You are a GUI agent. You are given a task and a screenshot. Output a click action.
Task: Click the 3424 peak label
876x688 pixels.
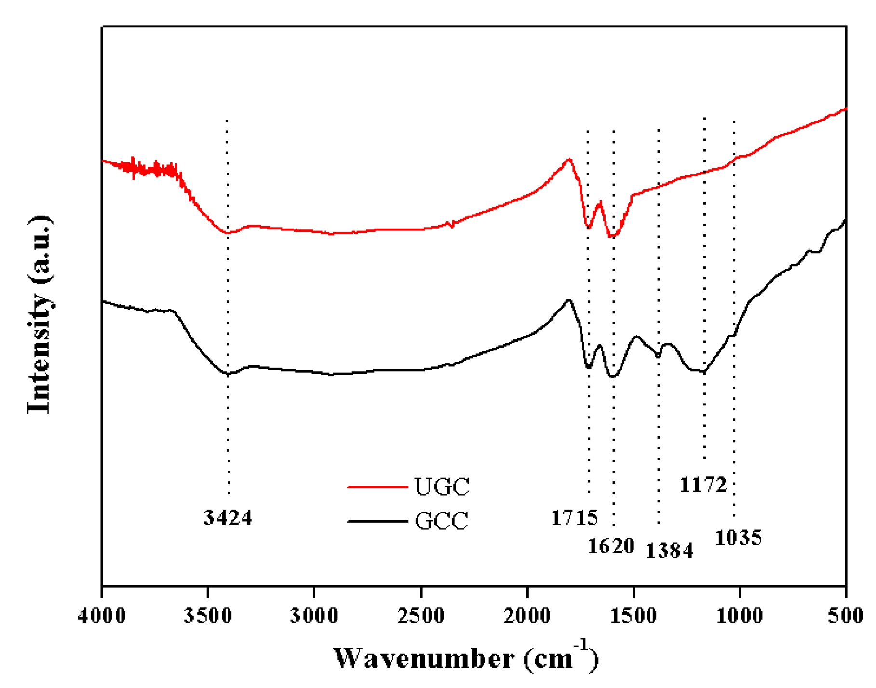pos(228,517)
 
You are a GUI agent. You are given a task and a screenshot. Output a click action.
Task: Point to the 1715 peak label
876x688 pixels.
pos(574,518)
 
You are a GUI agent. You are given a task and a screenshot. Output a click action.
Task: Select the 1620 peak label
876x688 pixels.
pos(611,546)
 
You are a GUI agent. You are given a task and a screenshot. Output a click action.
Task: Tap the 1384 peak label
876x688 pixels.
pos(669,550)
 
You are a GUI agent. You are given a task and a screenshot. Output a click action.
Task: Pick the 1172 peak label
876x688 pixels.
pos(703,485)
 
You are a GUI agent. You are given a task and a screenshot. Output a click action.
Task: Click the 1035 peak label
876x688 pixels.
pos(738,538)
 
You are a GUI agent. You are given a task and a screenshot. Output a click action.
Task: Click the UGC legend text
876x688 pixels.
pos(442,486)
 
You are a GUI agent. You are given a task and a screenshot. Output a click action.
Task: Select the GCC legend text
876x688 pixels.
pos(441,521)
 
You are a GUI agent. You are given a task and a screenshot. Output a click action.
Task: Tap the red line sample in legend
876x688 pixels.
pos(377,487)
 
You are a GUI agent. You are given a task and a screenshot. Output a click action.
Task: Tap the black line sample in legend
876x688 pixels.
pos(377,521)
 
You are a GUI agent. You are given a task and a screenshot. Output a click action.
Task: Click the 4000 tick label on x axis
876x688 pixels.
pos(102,616)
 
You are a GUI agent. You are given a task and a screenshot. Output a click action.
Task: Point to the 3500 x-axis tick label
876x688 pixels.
pos(208,616)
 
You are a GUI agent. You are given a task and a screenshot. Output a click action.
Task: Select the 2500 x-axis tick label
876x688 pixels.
pos(421,616)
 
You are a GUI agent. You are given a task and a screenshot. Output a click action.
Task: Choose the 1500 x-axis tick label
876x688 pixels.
pos(633,616)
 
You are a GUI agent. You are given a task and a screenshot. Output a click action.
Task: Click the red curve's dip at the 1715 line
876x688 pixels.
pos(588,228)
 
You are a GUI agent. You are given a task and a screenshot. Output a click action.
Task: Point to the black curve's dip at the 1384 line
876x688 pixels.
pos(658,356)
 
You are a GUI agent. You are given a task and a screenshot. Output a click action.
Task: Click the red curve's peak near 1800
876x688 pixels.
pos(570,159)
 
